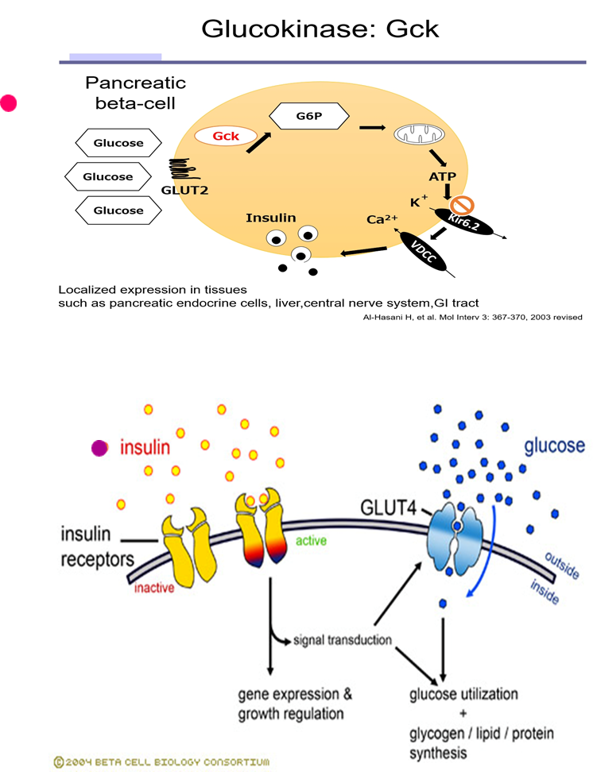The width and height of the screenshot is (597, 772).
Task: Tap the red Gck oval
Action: pyautogui.click(x=226, y=136)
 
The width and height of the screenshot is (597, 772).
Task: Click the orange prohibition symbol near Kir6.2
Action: pyautogui.click(x=463, y=204)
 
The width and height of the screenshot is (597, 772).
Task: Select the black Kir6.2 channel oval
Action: pyautogui.click(x=463, y=222)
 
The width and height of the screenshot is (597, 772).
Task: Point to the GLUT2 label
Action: pyautogui.click(x=184, y=191)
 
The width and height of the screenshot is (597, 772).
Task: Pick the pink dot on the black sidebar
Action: pyautogui.click(x=9, y=103)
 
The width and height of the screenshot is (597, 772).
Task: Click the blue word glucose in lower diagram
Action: pyautogui.click(x=554, y=446)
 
